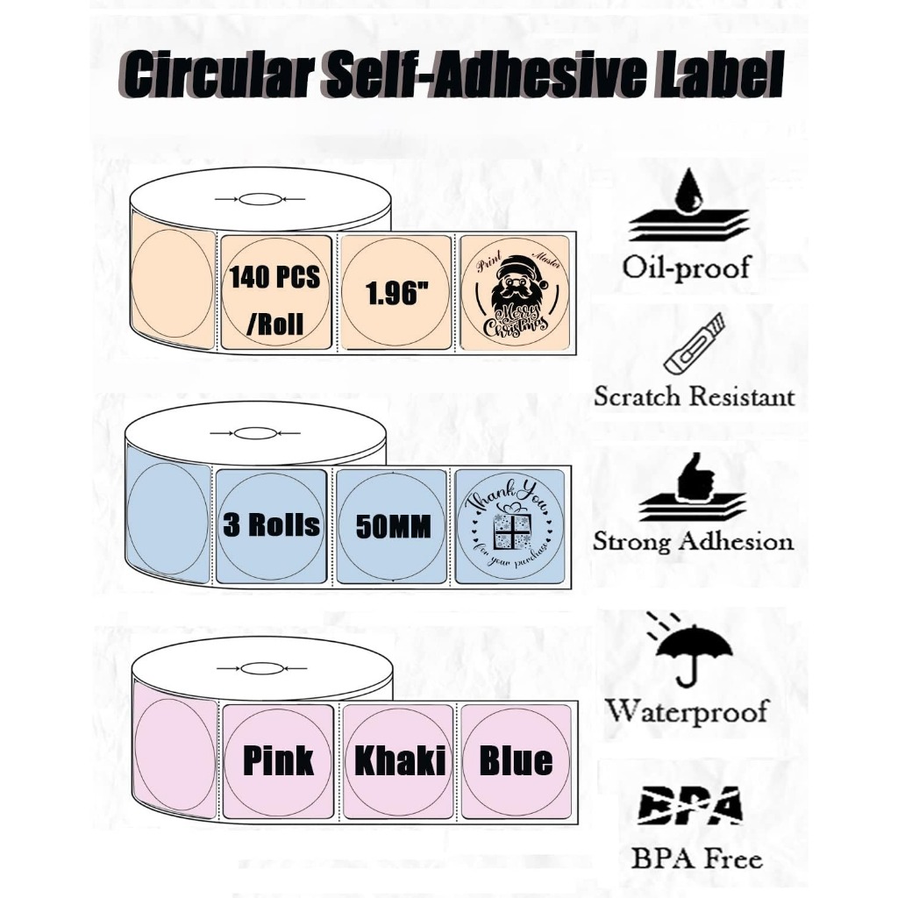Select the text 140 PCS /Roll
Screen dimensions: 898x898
click(x=274, y=301)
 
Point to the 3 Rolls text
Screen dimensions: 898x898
click(x=271, y=524)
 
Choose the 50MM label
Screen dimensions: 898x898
click(x=392, y=527)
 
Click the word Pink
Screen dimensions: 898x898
click(x=277, y=760)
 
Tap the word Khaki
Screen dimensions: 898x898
click(x=399, y=760)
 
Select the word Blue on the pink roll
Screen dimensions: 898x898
click(x=516, y=760)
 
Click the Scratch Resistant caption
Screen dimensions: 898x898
click(x=694, y=396)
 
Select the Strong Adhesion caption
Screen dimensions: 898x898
click(x=693, y=540)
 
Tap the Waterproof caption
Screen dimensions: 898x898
click(x=687, y=709)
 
